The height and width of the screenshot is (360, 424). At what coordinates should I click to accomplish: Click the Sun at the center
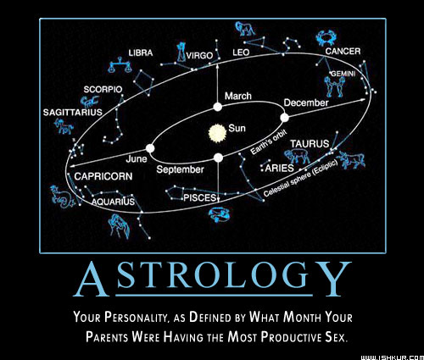pyautogui.click(x=217, y=133)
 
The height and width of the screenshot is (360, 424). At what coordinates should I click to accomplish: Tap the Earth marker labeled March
pyautogui.click(x=217, y=107)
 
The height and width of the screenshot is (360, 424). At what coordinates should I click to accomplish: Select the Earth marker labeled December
pyautogui.click(x=284, y=118)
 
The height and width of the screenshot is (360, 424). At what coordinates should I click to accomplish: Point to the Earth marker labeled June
pyautogui.click(x=150, y=148)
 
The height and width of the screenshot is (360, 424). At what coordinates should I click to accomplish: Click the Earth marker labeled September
pyautogui.click(x=218, y=158)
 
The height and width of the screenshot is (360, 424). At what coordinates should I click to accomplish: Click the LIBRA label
pyautogui.click(x=141, y=53)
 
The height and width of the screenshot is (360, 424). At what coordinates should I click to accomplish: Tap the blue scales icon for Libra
pyautogui.click(x=120, y=65)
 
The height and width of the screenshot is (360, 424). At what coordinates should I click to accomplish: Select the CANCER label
pyautogui.click(x=343, y=51)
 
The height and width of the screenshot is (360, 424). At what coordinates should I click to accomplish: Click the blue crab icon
pyautogui.click(x=325, y=38)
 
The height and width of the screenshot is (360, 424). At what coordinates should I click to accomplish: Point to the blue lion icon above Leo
pyautogui.click(x=244, y=29)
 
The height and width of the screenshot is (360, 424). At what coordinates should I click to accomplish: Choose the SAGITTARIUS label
pyautogui.click(x=73, y=113)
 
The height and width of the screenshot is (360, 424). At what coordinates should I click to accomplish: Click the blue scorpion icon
pyautogui.click(x=90, y=102)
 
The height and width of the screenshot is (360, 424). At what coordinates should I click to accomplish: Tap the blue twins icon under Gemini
pyautogui.click(x=334, y=86)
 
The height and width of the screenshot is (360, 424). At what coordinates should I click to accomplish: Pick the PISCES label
pyautogui.click(x=200, y=197)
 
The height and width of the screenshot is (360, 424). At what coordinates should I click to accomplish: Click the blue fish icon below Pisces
pyautogui.click(x=219, y=214)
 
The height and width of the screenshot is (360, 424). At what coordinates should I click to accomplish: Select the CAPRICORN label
pyautogui.click(x=103, y=176)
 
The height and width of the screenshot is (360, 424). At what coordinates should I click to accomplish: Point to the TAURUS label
pyautogui.click(x=310, y=144)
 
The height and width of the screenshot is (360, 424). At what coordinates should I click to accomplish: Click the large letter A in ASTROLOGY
pyautogui.click(x=91, y=280)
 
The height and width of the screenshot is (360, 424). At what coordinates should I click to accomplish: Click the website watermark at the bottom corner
pyautogui.click(x=393, y=357)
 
